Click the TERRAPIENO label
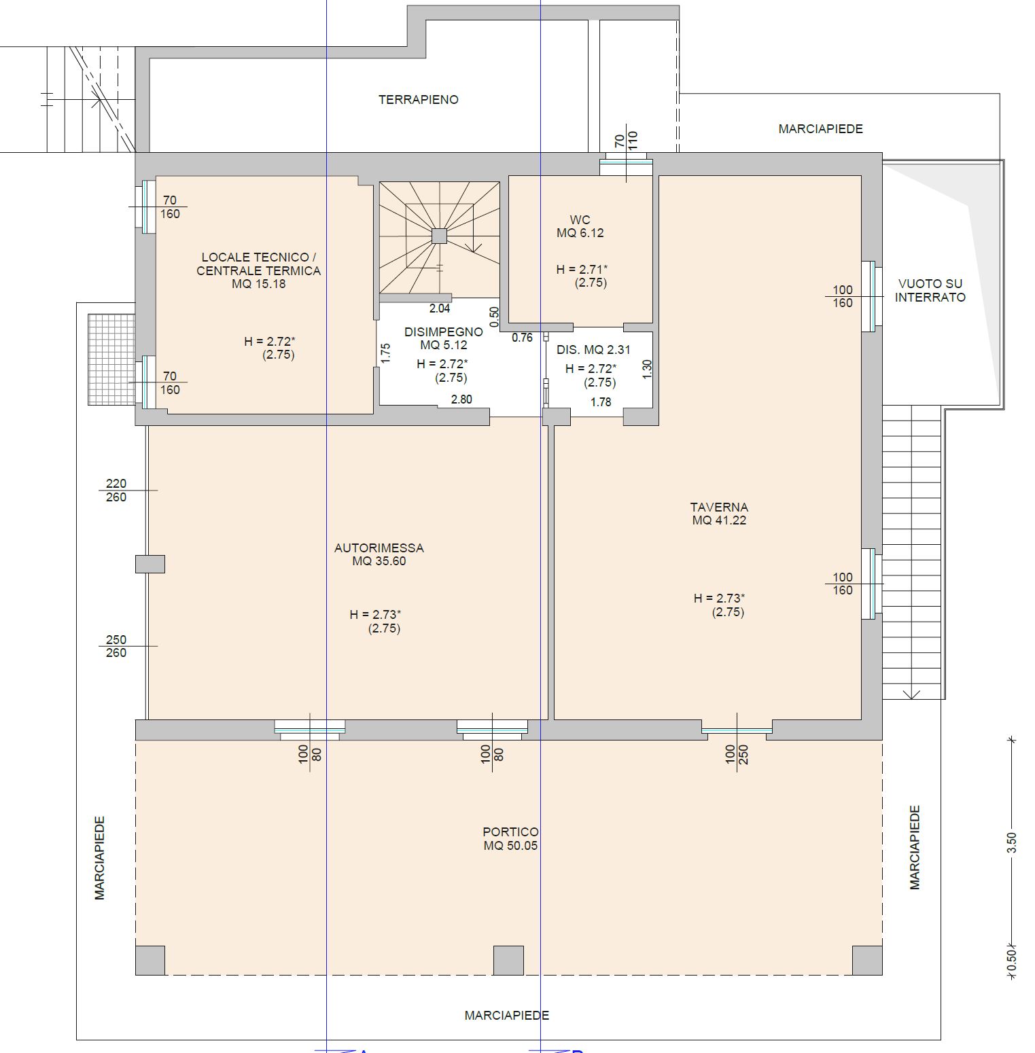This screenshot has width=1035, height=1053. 419,100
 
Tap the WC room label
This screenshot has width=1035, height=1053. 580,220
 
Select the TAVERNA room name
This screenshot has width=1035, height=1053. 719,507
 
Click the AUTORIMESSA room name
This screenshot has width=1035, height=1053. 379,548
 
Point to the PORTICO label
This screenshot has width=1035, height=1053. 510,832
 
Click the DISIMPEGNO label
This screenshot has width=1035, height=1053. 444,332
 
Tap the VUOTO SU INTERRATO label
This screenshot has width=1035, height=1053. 930,290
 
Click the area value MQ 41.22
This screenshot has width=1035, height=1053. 719,521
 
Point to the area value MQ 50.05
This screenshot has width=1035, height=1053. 510,846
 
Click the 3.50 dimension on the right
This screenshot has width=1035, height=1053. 1012,843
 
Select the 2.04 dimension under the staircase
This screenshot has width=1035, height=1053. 440,308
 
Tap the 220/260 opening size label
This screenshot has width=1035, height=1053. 116,490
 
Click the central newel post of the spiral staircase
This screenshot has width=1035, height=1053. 439,236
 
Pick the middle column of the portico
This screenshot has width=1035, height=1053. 508,961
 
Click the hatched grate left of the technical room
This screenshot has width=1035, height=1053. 111,359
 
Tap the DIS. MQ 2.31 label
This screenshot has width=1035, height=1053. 593,350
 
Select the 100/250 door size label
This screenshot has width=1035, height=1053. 737,754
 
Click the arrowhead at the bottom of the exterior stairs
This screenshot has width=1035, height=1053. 911,694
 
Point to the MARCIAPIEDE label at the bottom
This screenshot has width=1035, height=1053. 507,1016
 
